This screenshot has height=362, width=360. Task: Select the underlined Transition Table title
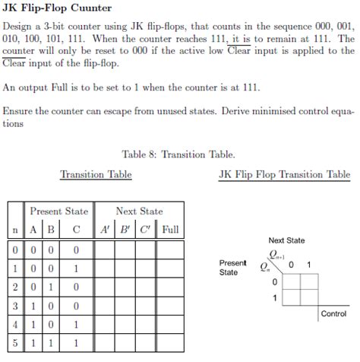click(96, 175)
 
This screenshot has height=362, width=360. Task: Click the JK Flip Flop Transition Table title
click(284, 175)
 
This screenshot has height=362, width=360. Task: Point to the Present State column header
click(58, 211)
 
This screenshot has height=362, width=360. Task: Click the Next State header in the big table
click(139, 211)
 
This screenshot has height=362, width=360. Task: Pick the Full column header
click(171, 229)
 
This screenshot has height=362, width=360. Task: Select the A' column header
click(105, 229)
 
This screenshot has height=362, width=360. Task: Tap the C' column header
click(148, 229)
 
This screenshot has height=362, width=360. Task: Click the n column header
click(15, 229)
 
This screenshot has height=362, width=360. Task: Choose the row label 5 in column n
click(15, 343)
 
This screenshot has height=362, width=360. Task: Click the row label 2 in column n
click(15, 286)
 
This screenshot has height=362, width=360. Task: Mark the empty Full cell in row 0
click(171, 249)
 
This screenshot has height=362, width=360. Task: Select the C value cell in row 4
click(76, 324)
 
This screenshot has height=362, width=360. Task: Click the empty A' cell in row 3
click(105, 305)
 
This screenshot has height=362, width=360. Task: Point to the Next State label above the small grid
click(286, 240)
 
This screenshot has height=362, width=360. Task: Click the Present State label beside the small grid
click(232, 267)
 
